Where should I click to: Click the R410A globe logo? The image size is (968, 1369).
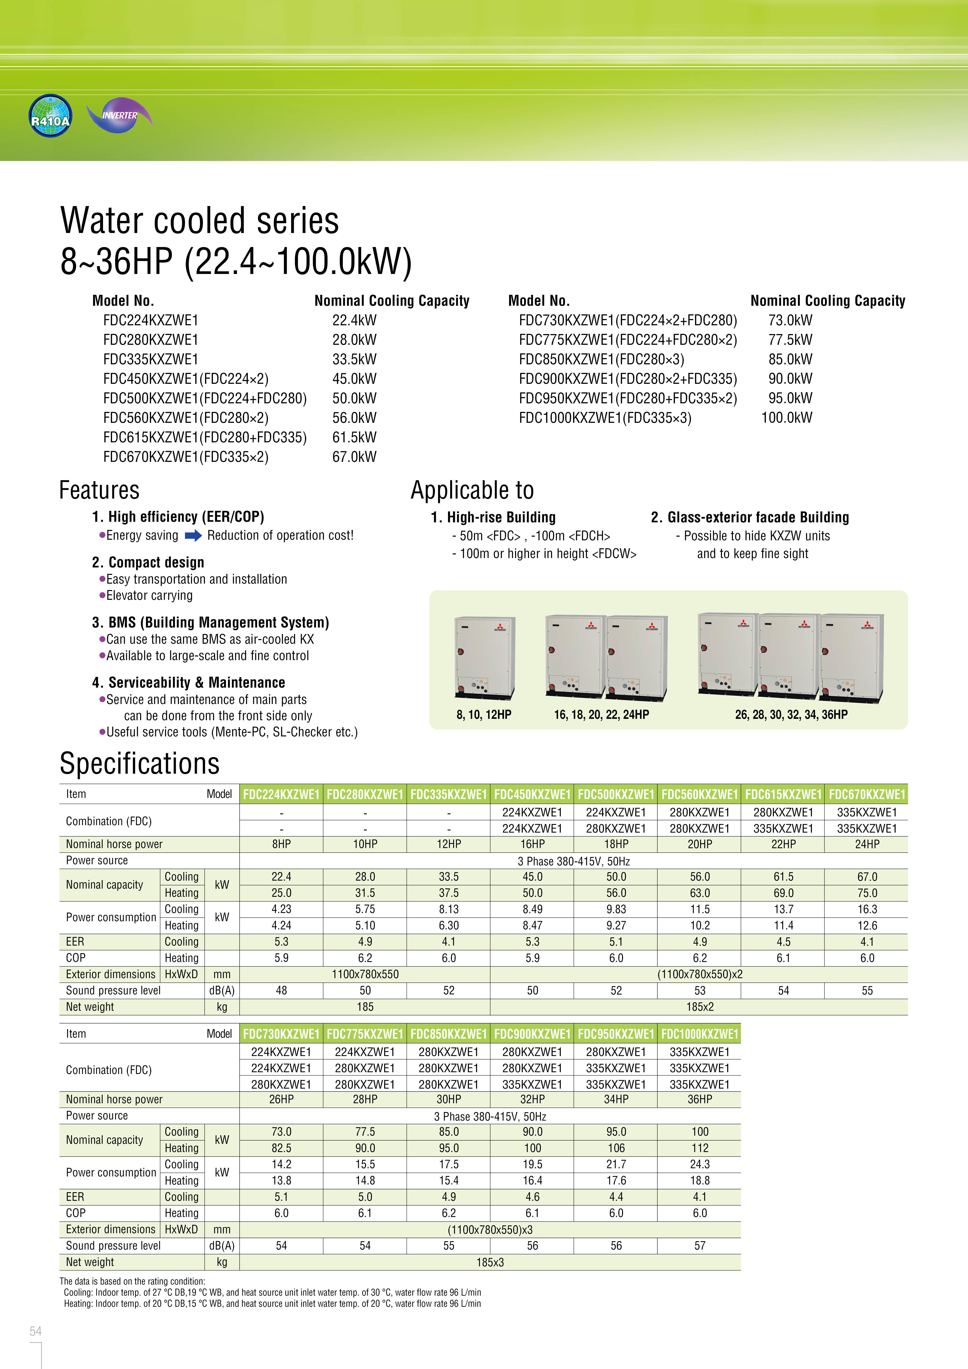pyautogui.click(x=50, y=116)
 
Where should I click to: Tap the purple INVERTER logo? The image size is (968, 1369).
pyautogui.click(x=120, y=115)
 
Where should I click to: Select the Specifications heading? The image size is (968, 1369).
pyautogui.click(x=140, y=764)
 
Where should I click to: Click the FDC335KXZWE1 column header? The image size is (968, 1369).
pyautogui.click(x=449, y=794)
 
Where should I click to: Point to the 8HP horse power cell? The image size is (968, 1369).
pyautogui.click(x=282, y=844)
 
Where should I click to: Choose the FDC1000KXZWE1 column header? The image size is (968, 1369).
pyautogui.click(x=700, y=1034)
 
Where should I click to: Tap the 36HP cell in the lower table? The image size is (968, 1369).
pyautogui.click(x=700, y=1099)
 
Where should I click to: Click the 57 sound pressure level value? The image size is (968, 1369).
pyautogui.click(x=700, y=1245)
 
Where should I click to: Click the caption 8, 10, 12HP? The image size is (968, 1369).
pyautogui.click(x=484, y=714)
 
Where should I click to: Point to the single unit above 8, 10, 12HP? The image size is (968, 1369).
pyautogui.click(x=484, y=658)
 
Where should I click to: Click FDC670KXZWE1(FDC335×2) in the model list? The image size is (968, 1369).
pyautogui.click(x=186, y=457)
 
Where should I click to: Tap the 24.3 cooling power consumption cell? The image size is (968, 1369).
pyautogui.click(x=700, y=1164)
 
